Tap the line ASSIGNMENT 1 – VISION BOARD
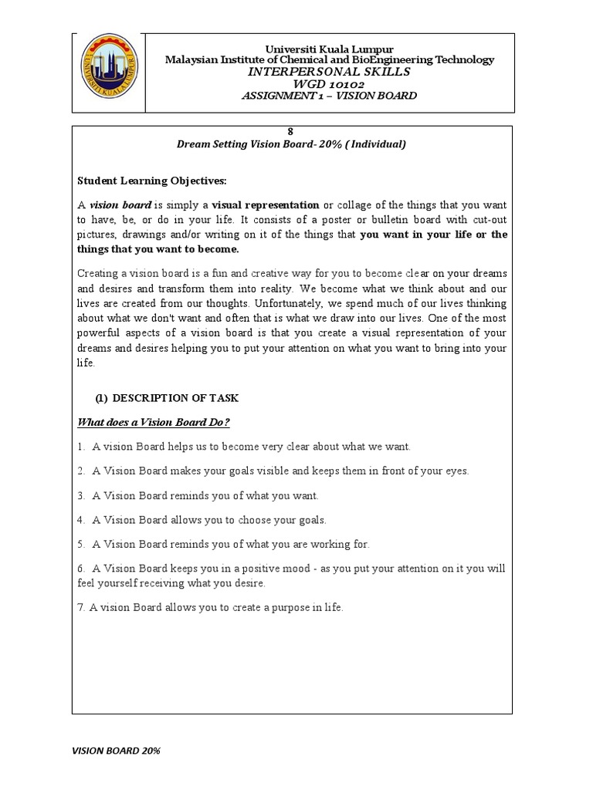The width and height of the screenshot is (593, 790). [x=329, y=96]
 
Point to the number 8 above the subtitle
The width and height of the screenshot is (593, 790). [x=291, y=132]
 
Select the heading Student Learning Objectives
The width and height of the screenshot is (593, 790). [x=151, y=181]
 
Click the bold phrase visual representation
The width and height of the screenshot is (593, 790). [x=266, y=205]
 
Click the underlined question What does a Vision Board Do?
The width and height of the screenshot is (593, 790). [x=154, y=422]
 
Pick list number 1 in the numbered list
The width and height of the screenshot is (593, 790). [x=80, y=447]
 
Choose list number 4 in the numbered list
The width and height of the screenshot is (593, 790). [x=80, y=520]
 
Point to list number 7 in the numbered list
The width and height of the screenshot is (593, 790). [x=80, y=608]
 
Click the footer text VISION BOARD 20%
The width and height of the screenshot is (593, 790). [x=116, y=750]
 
